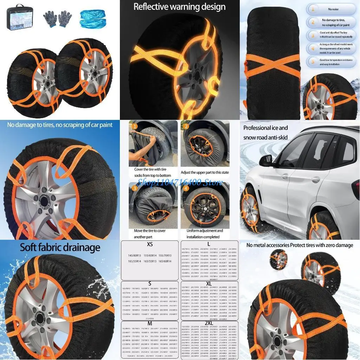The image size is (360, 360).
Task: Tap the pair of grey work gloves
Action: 57,20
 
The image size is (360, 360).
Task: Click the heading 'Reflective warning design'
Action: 180,7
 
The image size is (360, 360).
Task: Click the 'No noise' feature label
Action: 333,9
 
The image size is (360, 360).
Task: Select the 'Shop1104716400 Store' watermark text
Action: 180,182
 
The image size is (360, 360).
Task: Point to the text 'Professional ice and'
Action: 265,128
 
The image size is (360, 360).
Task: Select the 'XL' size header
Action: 209,283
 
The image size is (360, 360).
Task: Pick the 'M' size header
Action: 150,323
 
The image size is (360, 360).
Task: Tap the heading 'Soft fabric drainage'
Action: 60,247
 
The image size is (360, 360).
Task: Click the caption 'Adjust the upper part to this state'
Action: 205,173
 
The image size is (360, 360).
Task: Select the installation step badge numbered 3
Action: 134,188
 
